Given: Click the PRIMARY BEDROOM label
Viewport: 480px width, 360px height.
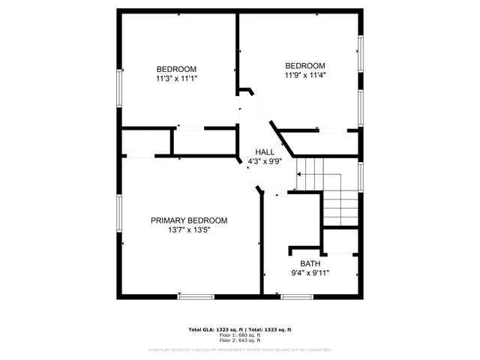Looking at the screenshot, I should point(189,220).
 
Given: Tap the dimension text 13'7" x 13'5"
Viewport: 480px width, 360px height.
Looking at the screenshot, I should point(189,230).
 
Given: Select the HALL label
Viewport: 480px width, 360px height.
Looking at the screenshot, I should point(265,151).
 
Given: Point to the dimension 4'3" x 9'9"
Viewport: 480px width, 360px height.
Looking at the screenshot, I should point(265,161).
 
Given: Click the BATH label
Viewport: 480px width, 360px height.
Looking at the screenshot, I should point(310,263).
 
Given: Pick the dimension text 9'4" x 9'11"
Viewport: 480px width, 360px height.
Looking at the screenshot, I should point(310,273).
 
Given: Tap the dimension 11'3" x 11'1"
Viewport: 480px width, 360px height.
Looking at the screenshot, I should point(176,78).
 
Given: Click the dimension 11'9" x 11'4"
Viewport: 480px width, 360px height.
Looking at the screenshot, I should point(305,74).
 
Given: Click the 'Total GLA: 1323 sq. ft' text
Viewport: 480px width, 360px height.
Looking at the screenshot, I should point(212,330).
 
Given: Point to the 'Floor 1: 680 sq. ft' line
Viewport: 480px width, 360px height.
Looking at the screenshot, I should point(239,336).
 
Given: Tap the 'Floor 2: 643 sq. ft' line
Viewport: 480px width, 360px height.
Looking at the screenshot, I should point(239,341).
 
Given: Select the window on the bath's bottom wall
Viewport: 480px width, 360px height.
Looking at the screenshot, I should point(297,296).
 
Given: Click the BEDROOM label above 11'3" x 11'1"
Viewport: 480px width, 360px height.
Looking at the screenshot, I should point(176,69).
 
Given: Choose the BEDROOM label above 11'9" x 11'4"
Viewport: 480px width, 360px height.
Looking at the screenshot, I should point(305,65).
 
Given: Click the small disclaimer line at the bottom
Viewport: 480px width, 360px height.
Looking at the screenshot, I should point(239,349).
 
